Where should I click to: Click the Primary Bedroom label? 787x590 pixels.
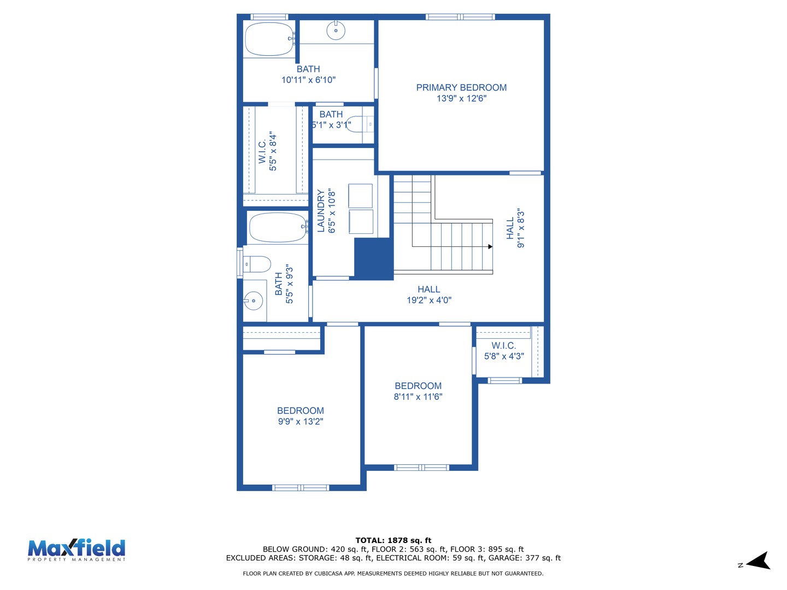click(x=461, y=87)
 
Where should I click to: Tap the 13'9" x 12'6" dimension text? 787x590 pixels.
click(x=461, y=98)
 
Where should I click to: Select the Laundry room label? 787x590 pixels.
click(x=321, y=211)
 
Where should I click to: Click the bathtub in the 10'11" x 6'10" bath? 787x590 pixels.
click(x=269, y=39)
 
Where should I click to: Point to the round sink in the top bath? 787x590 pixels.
click(x=336, y=31)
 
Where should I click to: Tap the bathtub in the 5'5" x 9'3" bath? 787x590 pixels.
click(x=278, y=227)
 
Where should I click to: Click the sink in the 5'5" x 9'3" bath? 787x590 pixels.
click(x=254, y=300)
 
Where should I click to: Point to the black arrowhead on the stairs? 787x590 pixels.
click(x=490, y=246)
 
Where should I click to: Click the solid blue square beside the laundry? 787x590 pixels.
click(x=374, y=258)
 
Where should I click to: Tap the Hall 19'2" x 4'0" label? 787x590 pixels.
click(x=429, y=294)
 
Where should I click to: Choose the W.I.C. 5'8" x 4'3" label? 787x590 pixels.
click(x=504, y=351)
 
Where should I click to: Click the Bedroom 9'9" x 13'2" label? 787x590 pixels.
click(x=301, y=416)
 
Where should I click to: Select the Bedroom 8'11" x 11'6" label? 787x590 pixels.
click(x=418, y=391)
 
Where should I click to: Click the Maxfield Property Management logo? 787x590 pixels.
click(x=77, y=550)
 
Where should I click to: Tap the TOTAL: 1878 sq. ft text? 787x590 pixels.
click(x=393, y=540)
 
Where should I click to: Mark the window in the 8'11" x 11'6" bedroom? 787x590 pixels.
click(x=421, y=468)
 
